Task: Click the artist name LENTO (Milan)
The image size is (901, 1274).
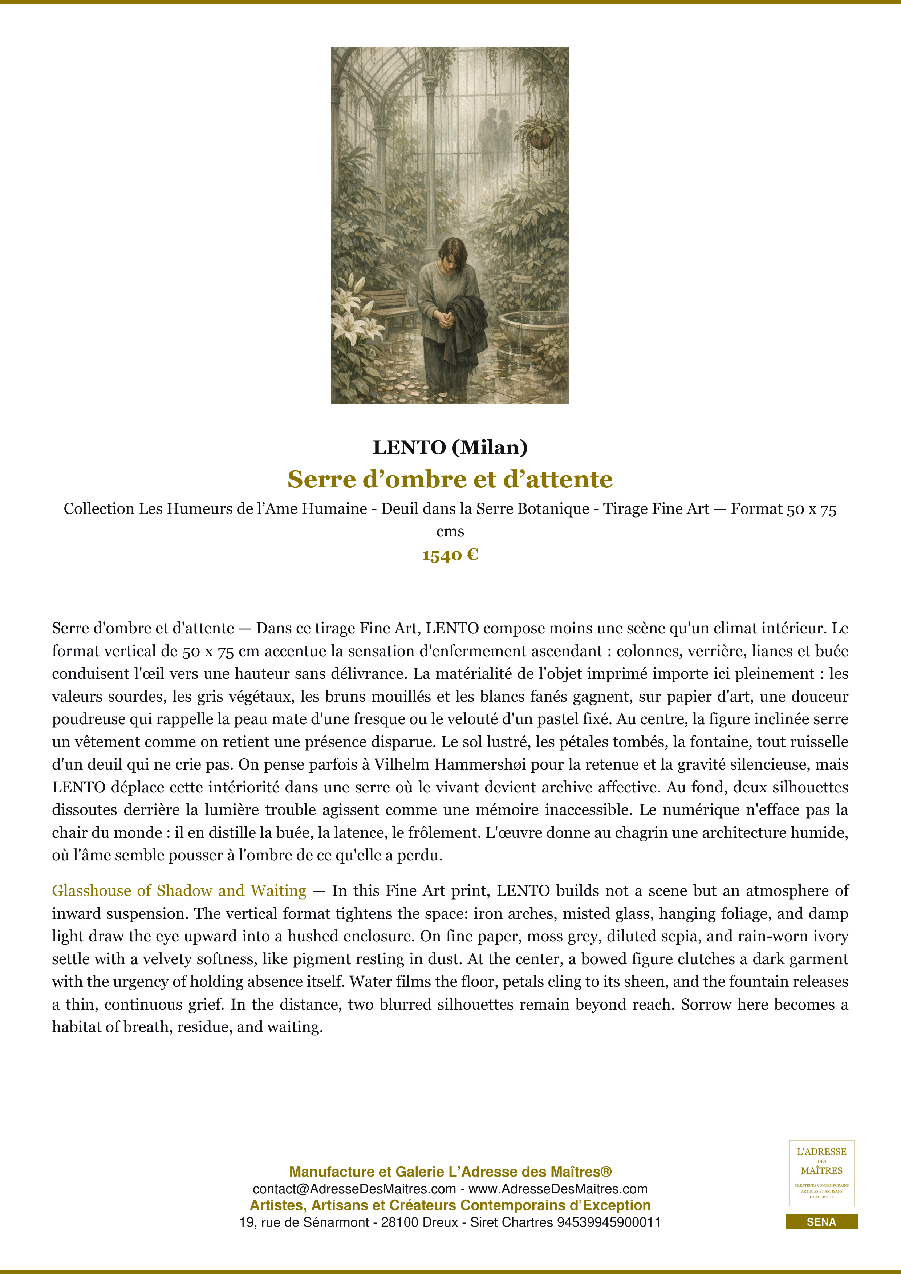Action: click(x=450, y=447)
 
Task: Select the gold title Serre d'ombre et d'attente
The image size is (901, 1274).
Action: click(x=450, y=479)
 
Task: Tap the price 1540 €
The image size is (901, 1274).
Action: click(x=450, y=555)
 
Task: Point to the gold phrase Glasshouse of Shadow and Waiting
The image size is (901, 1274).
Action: click(x=179, y=890)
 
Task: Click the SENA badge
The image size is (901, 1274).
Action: click(x=821, y=1222)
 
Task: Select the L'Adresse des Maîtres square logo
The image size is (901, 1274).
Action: click(x=821, y=1173)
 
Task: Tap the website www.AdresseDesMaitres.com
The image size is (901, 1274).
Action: click(x=558, y=1189)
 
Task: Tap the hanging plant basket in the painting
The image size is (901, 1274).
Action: click(x=539, y=135)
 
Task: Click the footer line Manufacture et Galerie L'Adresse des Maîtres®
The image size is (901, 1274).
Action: click(x=450, y=1172)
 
